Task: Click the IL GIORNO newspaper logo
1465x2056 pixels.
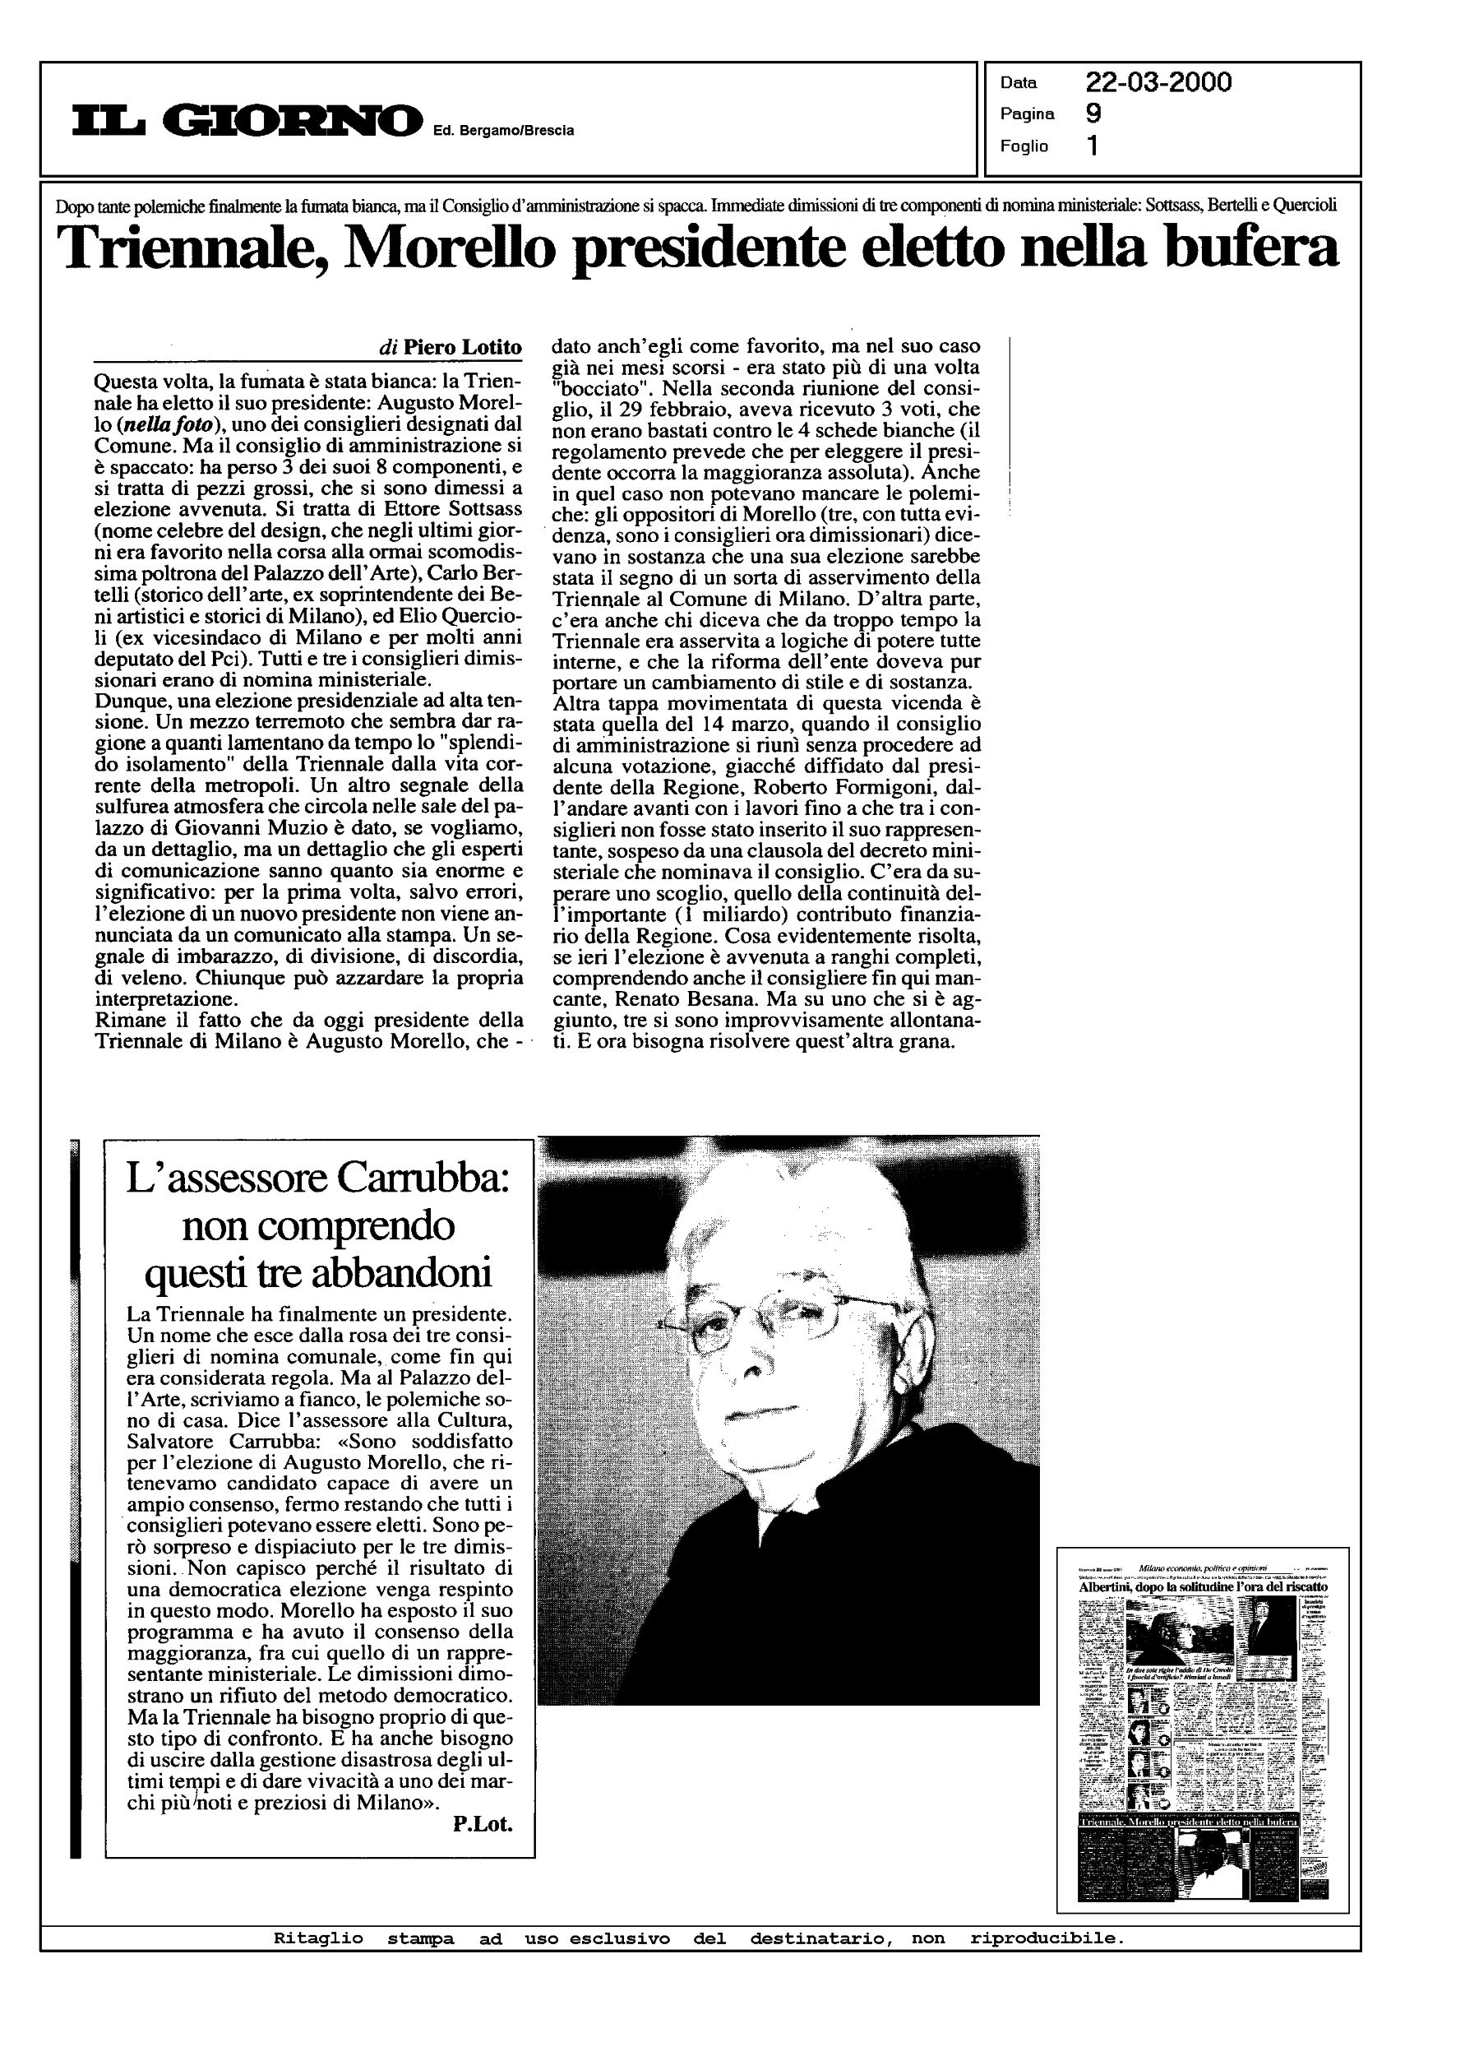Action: click(247, 121)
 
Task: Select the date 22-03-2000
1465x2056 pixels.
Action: click(1158, 83)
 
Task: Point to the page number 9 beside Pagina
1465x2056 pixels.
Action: click(1093, 113)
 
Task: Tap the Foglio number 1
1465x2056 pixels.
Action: click(1093, 146)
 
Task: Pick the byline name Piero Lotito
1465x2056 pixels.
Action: click(462, 347)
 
